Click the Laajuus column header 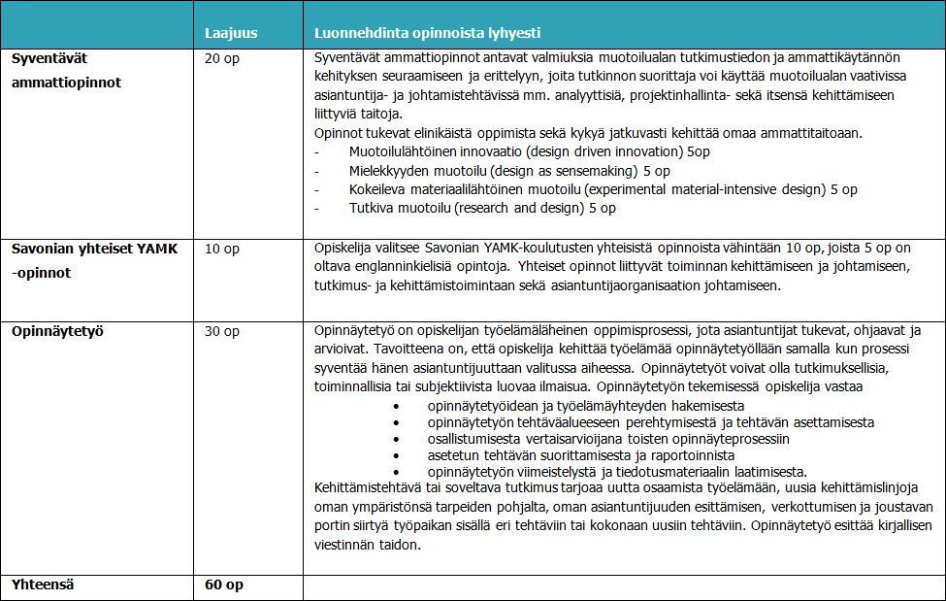[x=231, y=33]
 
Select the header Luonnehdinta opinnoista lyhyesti [x=428, y=33]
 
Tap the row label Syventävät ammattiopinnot [x=66, y=70]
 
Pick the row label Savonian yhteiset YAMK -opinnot [x=94, y=260]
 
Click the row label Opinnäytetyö [x=57, y=332]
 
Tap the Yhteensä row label [x=43, y=585]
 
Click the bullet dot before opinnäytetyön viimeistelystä [x=397, y=471]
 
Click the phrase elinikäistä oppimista [x=482, y=133]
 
